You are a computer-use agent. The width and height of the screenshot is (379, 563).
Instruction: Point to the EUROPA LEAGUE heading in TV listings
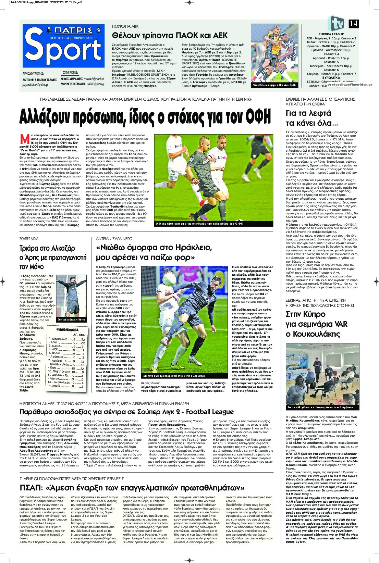click(x=331, y=34)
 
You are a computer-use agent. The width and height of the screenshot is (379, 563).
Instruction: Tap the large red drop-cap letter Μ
click(x=25, y=139)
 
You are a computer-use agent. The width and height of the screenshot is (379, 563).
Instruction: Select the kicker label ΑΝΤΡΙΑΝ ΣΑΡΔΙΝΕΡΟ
click(x=114, y=238)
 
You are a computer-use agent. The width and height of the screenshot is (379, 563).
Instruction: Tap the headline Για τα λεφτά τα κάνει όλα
click(x=308, y=118)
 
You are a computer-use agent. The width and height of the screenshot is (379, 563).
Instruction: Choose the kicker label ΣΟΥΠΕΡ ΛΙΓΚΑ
click(x=29, y=238)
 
